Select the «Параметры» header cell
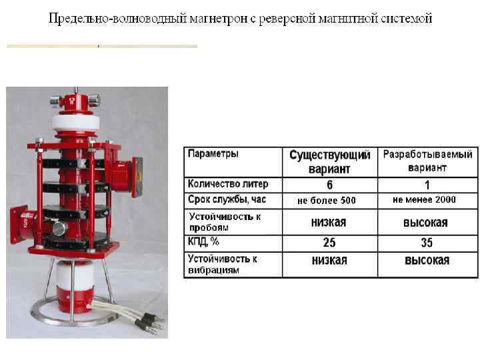213,154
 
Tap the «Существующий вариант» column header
329,162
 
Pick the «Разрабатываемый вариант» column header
427,161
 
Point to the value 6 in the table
329,185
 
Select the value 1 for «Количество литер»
427,185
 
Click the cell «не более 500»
327,200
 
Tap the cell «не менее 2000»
424,199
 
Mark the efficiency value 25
329,243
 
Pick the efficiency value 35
427,243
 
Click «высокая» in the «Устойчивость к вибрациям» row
427,261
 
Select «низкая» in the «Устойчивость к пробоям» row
329,223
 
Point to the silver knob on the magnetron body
59,229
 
